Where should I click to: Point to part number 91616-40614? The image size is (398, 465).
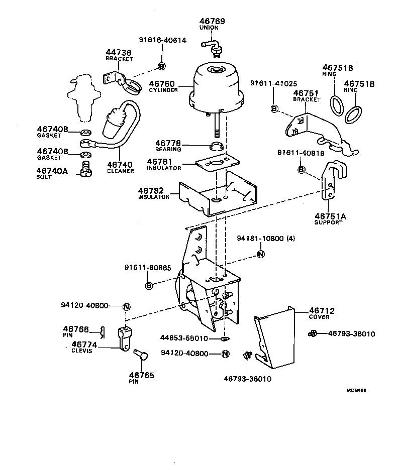click(163, 40)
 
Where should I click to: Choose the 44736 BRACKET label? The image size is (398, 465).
click(119, 55)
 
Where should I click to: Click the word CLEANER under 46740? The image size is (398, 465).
click(121, 171)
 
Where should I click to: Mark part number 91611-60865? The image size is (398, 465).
click(149, 269)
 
